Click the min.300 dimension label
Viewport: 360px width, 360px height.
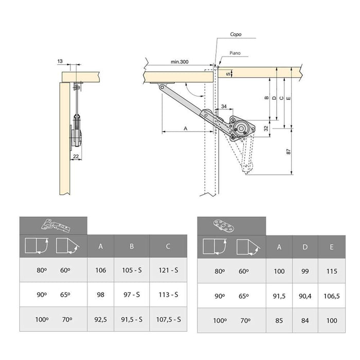[180, 62]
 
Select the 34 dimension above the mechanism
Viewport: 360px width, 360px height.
[224, 106]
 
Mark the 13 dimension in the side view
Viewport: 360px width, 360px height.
[61, 61]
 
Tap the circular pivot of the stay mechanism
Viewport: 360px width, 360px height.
[240, 127]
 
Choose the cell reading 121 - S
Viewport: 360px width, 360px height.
[168, 270]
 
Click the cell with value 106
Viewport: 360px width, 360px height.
[100, 270]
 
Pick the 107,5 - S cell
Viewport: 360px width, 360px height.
[168, 319]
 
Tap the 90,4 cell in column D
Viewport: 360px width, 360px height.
[305, 295]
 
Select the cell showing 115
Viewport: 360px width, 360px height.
[332, 271]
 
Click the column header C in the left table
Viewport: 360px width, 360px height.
[168, 246]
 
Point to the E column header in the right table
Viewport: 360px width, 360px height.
[332, 247]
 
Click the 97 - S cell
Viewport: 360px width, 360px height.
[132, 295]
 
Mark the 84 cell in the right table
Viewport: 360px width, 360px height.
[305, 320]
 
